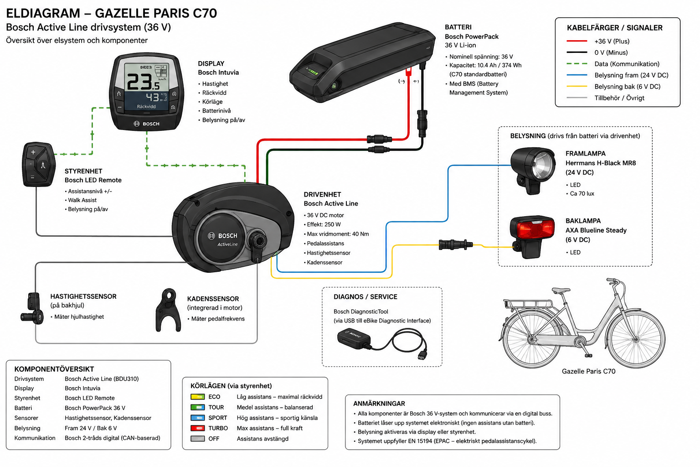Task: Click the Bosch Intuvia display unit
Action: pyautogui.click(x=147, y=92)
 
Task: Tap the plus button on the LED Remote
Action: pyautogui.click(x=33, y=152)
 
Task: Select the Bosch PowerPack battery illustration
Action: pyautogui.click(x=362, y=62)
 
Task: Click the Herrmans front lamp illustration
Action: pyautogui.click(x=533, y=171)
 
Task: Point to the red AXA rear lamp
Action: pyautogui.click(x=532, y=237)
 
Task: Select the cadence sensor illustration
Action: pyautogui.click(x=169, y=310)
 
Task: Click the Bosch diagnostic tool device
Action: pyautogui.click(x=354, y=340)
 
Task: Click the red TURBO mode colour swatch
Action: pyautogui.click(x=197, y=428)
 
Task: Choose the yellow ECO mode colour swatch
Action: pyautogui.click(x=197, y=397)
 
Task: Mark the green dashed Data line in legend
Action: pyautogui.click(x=577, y=64)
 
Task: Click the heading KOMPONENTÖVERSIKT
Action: pyautogui.click(x=54, y=369)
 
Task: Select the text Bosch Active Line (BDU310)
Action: pyautogui.click(x=102, y=379)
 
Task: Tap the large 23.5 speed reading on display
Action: pyautogui.click(x=144, y=82)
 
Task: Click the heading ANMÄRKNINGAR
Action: pyautogui.click(x=379, y=404)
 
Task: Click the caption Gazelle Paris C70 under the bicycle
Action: pyautogui.click(x=588, y=371)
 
